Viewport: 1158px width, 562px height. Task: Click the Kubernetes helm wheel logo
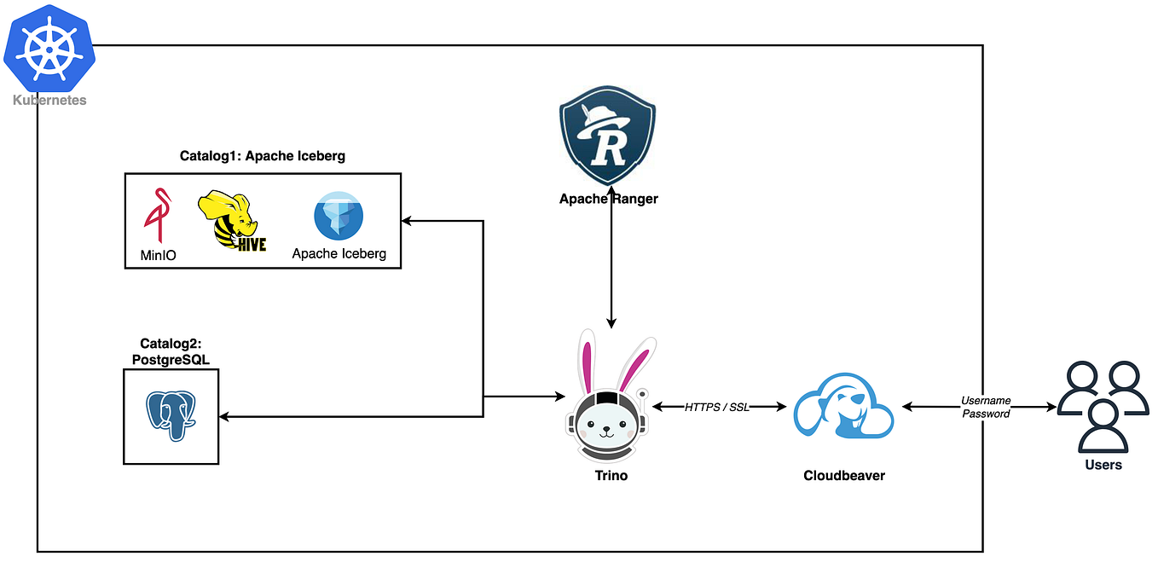(49, 50)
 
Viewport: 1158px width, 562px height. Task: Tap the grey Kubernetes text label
(49, 101)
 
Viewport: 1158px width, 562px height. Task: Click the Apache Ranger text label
(608, 199)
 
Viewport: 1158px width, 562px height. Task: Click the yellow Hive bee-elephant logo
(230, 221)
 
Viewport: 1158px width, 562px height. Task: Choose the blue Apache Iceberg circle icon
(339, 216)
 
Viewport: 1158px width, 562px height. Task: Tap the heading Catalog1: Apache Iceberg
(262, 156)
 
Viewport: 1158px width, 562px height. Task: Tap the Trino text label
(611, 476)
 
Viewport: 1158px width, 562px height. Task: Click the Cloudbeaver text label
(843, 476)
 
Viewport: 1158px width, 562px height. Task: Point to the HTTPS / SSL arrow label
(716, 408)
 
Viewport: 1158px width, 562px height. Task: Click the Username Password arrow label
(986, 407)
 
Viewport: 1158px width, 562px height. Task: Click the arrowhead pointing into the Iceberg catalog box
(407, 221)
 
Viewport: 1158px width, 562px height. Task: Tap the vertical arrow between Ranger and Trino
(611, 264)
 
